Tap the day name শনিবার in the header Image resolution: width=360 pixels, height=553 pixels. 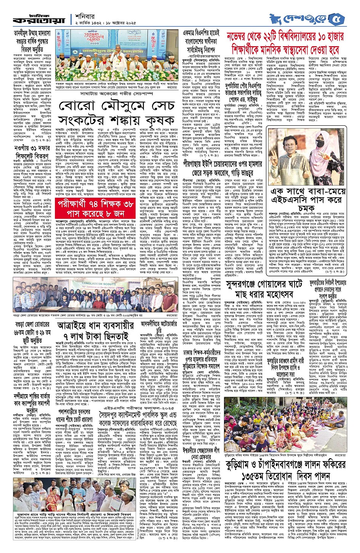point(85,16)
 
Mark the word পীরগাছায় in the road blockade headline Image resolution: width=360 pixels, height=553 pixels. point(201,156)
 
